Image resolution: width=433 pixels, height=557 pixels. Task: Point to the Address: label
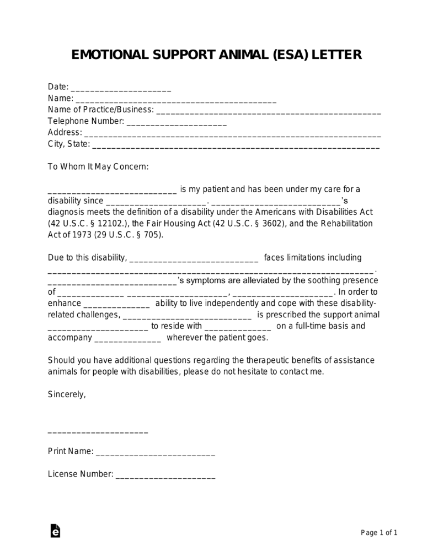65,132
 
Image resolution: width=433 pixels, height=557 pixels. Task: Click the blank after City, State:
236,147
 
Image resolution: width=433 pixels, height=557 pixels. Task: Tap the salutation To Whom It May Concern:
98,166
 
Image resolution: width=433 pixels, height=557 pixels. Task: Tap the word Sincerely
66,394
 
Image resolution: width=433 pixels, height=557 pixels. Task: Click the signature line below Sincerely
98,432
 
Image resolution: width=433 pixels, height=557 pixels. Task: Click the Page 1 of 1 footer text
379,532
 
